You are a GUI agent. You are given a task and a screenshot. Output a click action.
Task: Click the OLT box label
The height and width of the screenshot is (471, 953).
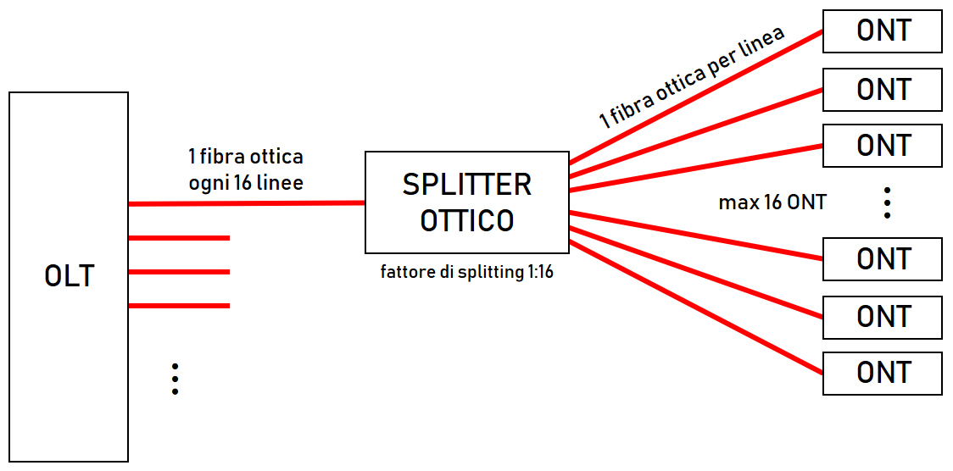pyautogui.click(x=69, y=277)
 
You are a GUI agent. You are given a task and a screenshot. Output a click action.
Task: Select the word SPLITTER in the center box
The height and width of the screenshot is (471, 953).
pyautogui.click(x=466, y=185)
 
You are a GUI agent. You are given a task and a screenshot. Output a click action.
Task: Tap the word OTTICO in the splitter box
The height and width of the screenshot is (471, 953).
pyautogui.click(x=466, y=221)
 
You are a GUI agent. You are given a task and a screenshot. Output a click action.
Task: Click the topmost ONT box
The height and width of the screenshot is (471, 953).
pyautogui.click(x=883, y=31)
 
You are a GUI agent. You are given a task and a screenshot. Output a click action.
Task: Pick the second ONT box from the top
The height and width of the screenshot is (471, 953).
pyautogui.click(x=883, y=89)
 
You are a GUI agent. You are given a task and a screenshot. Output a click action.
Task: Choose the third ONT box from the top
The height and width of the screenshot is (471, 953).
pyautogui.click(x=883, y=146)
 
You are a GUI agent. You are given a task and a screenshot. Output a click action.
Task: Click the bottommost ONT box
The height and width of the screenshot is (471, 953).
pyautogui.click(x=883, y=373)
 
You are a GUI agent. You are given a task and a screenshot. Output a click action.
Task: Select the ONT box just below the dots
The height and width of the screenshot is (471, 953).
pyautogui.click(x=883, y=259)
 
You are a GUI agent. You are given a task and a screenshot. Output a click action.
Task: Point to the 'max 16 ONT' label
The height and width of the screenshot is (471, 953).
pyautogui.click(x=772, y=202)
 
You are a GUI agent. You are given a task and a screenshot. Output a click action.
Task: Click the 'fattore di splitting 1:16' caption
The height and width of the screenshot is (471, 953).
pyautogui.click(x=466, y=273)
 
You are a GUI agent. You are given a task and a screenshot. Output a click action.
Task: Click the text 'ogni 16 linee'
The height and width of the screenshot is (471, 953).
pyautogui.click(x=245, y=182)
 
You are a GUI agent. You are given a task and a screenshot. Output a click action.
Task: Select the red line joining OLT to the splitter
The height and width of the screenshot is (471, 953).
pyautogui.click(x=246, y=203)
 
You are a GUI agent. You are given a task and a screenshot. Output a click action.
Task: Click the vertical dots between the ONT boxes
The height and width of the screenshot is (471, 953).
pyautogui.click(x=887, y=203)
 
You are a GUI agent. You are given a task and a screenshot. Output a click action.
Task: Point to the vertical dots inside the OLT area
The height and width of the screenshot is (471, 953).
pyautogui.click(x=175, y=379)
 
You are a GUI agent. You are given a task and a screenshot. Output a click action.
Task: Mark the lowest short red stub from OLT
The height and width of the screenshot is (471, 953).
pyautogui.click(x=179, y=305)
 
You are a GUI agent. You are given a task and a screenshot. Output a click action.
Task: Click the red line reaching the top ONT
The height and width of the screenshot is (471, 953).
pyautogui.click(x=695, y=96)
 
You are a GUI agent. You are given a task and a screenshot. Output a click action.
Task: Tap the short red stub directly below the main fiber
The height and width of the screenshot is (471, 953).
pyautogui.click(x=179, y=238)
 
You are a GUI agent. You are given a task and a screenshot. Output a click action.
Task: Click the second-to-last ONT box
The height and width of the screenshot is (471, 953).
pyautogui.click(x=883, y=317)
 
